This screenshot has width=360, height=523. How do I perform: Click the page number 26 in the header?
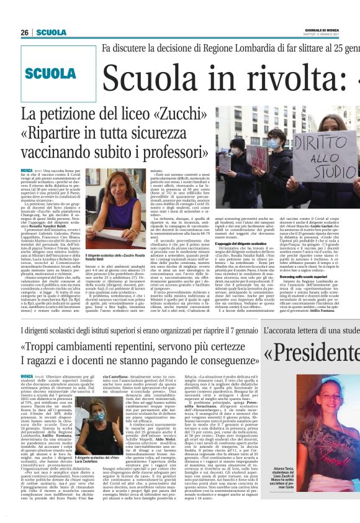click(24, 32)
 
